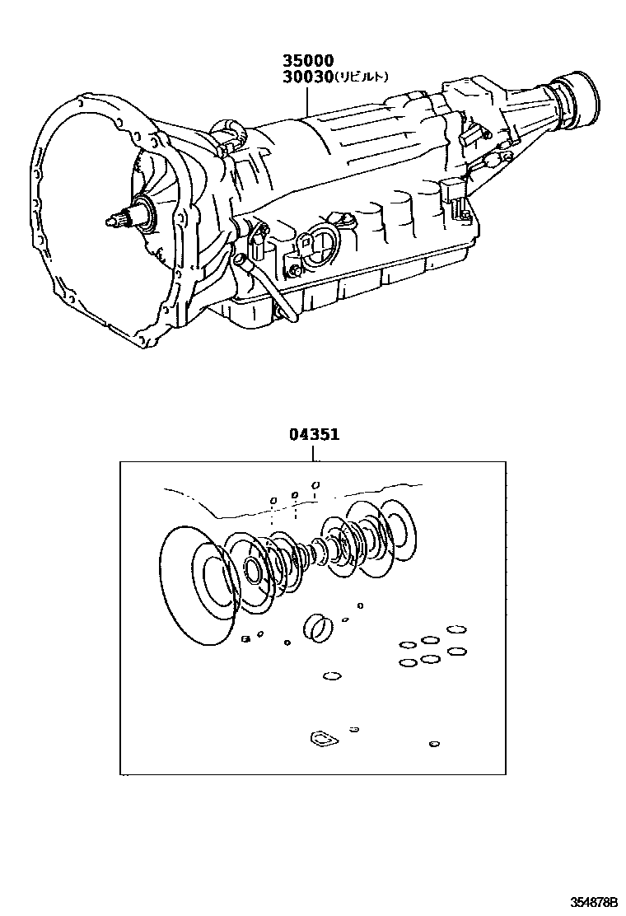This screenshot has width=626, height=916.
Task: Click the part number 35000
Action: coord(308,61)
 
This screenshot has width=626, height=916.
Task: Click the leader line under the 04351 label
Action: coord(314,452)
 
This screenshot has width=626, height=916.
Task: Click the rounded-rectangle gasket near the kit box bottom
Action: coord(319,739)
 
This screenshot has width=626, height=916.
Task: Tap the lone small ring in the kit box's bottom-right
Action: coord(434,745)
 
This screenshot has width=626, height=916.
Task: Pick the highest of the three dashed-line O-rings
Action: coord(316,484)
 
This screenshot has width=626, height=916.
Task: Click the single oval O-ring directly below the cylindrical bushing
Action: coord(331,676)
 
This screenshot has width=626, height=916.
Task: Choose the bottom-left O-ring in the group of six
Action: coord(407,662)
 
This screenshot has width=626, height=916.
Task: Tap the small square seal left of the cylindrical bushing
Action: coord(245,638)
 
